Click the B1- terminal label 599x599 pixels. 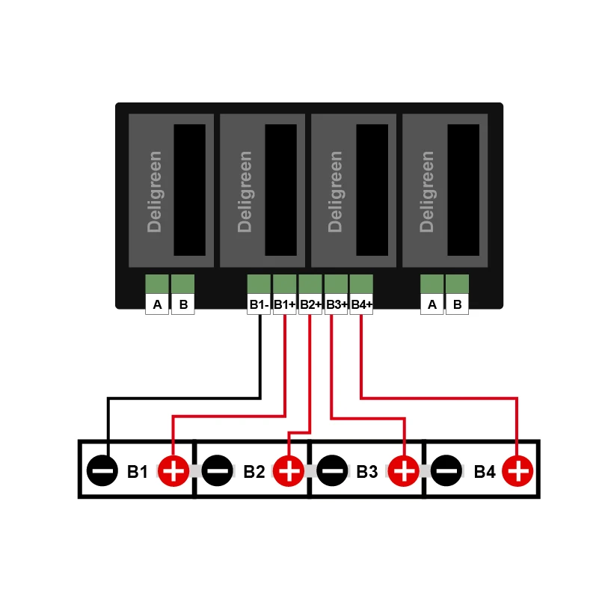tap(259, 304)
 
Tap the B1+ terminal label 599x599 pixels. tap(284, 304)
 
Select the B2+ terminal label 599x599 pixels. tap(310, 304)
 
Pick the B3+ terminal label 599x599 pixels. tap(337, 304)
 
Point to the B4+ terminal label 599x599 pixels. tap(361, 304)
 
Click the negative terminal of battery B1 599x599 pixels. tap(102, 471)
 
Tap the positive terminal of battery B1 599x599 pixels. tap(173, 471)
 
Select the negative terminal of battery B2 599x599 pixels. tap(217, 471)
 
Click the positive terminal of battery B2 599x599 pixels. tap(289, 471)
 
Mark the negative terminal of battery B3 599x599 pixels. tap(332, 471)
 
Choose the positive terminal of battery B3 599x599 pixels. tap(404, 471)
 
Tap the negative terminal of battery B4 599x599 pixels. tap(446, 471)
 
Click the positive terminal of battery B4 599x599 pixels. tap(517, 471)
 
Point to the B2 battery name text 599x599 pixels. tap(254, 472)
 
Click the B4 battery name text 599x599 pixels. tap(485, 472)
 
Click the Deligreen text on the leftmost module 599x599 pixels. tap(155, 191)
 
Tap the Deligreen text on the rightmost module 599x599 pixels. tap(428, 191)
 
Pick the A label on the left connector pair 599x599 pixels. tap(157, 304)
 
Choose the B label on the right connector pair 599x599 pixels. tap(457, 304)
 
